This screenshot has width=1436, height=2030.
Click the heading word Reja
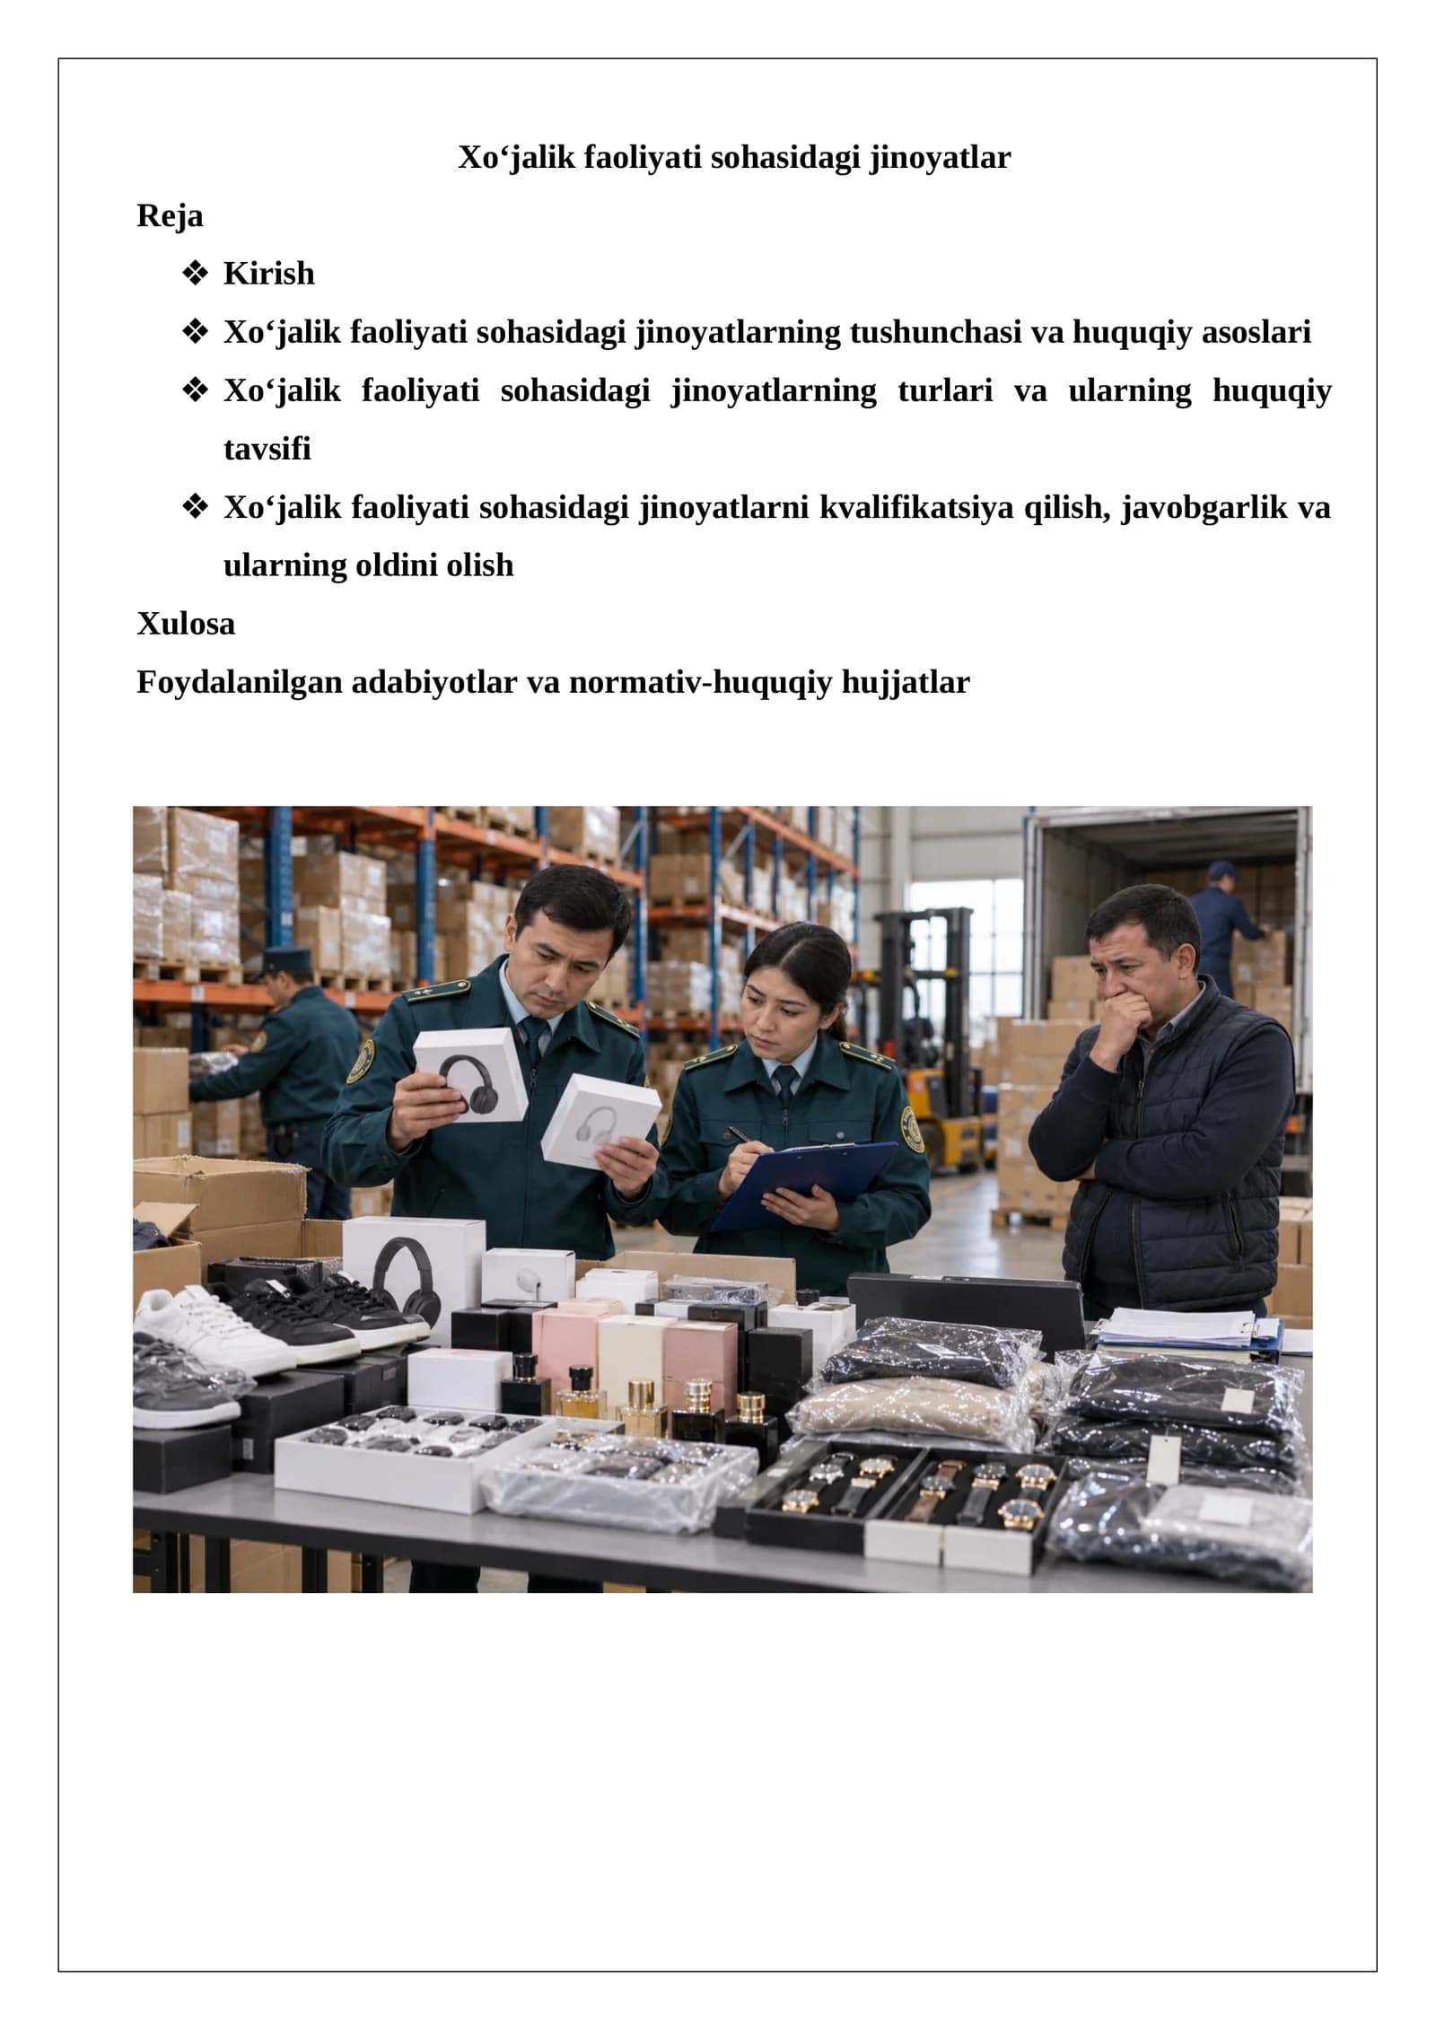click(x=170, y=216)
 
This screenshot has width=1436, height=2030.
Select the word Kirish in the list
click(x=269, y=274)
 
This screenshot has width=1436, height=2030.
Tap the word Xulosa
click(x=186, y=624)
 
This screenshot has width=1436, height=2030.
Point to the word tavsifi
click(x=267, y=449)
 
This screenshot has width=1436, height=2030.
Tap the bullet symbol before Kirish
click(x=194, y=274)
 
